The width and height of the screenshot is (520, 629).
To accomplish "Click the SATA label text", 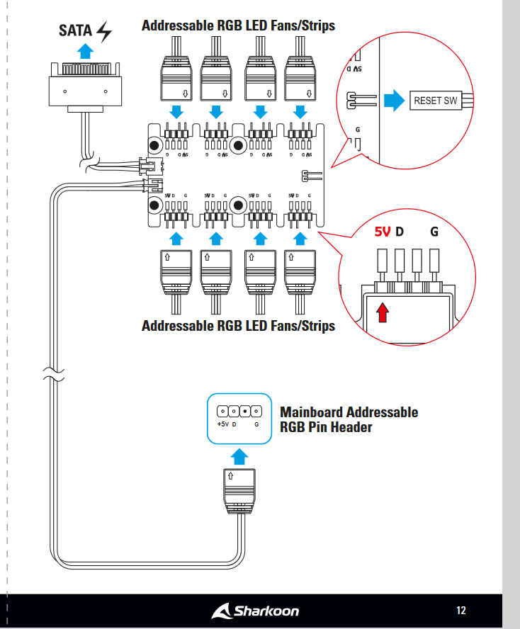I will [74, 31].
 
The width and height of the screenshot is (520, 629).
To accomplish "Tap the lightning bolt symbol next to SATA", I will [104, 31].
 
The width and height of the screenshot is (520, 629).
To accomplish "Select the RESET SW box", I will [435, 101].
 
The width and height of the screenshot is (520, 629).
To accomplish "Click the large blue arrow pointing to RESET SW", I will [392, 101].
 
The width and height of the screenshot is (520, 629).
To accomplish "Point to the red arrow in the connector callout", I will [383, 312].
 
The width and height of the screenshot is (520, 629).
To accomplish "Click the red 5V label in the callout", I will [383, 232].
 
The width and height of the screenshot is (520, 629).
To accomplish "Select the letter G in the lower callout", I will [434, 232].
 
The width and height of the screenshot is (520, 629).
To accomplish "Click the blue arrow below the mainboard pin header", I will [241, 454].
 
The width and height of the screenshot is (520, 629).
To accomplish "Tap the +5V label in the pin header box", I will [222, 424].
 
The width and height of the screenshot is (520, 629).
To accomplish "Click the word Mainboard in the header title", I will [312, 412].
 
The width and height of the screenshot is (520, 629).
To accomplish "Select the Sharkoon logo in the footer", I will [256, 611].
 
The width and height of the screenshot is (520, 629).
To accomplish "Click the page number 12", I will [461, 611].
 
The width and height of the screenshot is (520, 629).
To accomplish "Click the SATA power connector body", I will [84, 89].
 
